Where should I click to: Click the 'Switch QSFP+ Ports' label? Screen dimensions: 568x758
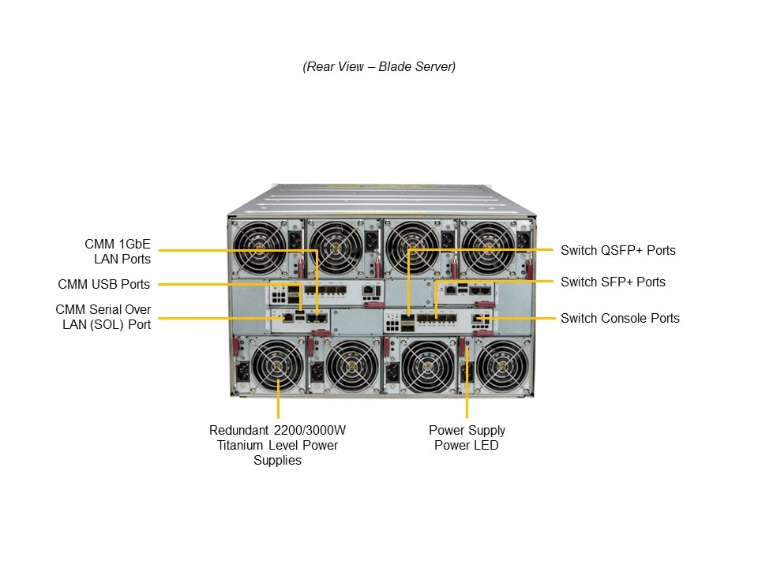[x=617, y=251]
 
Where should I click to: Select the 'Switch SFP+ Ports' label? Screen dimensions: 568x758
[x=613, y=282]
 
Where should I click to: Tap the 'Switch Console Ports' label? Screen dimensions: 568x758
[x=620, y=319]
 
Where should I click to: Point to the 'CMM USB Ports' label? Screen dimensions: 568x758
[x=103, y=284]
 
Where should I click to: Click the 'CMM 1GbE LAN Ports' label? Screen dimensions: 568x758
[x=118, y=251]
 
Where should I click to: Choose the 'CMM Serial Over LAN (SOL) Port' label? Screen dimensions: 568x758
[x=103, y=316]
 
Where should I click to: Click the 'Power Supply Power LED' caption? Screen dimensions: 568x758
[x=467, y=438]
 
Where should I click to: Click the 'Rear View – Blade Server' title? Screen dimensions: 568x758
[x=379, y=67]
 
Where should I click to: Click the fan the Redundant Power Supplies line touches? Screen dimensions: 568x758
[x=277, y=367]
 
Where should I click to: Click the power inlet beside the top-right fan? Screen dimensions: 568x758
[x=522, y=238]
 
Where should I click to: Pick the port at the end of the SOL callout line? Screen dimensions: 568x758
[x=289, y=317]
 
